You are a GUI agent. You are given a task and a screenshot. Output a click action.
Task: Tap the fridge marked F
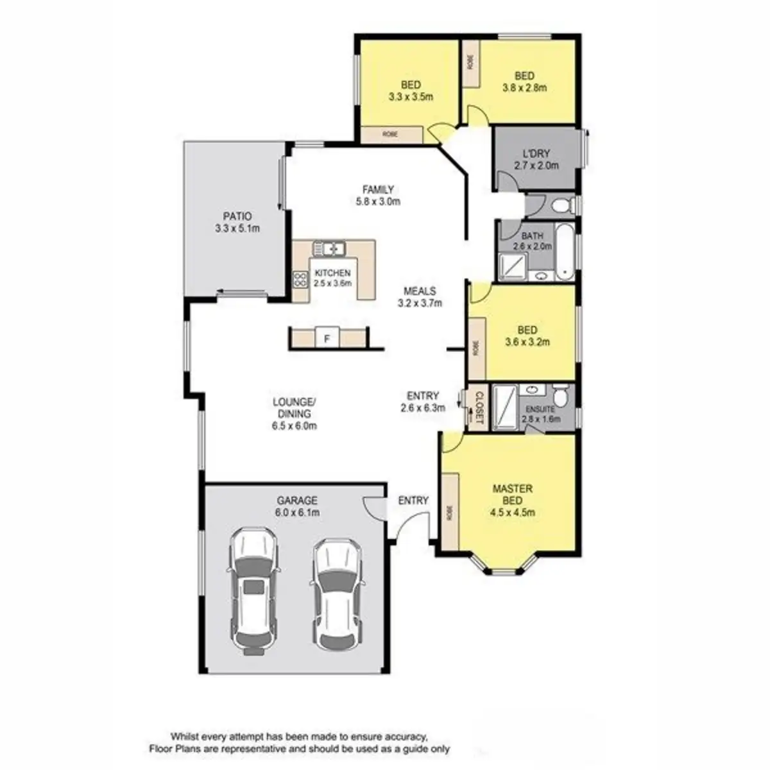point(327,338)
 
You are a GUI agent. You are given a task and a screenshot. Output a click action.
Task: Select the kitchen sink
point(329,248)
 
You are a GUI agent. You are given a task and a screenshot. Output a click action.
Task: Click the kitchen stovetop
point(300,279)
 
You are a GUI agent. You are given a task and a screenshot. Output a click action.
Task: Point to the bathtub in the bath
point(565,252)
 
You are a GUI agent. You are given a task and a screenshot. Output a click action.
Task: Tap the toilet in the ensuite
point(560,397)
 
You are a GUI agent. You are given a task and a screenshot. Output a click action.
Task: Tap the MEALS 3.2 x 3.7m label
point(420,296)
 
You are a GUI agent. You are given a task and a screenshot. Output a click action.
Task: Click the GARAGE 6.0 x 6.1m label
point(298,506)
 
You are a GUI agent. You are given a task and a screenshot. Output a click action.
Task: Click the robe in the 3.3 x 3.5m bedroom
point(391,135)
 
